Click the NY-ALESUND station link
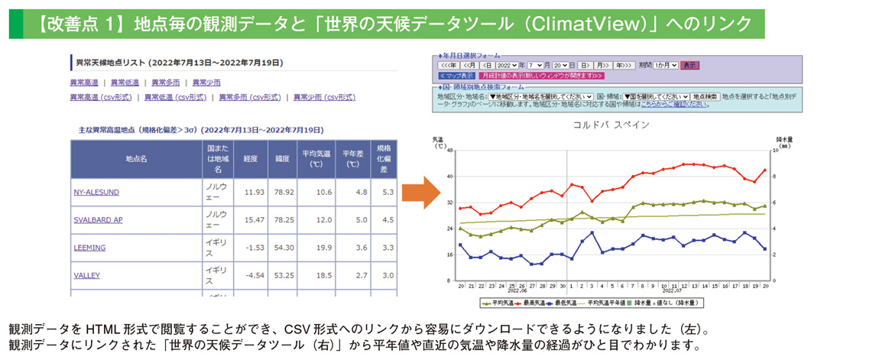click(x=96, y=192)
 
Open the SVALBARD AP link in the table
click(x=98, y=220)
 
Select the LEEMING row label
click(x=89, y=248)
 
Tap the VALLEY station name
click(x=87, y=275)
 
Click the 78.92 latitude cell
click(x=284, y=192)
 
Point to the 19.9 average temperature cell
click(x=319, y=248)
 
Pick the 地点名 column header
click(x=136, y=159)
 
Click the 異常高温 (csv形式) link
click(x=101, y=97)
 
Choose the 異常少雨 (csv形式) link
click(x=325, y=97)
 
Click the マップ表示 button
click(x=456, y=76)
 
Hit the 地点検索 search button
click(x=702, y=96)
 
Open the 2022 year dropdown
click(x=507, y=66)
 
